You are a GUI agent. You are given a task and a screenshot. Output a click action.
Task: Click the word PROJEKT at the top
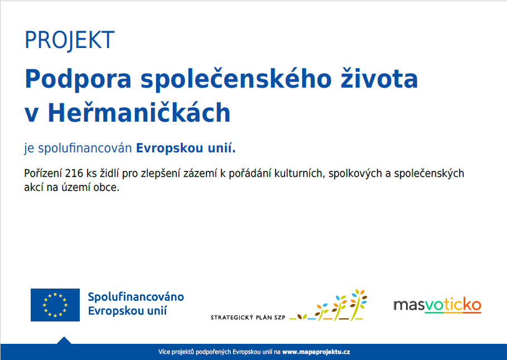(x=70, y=40)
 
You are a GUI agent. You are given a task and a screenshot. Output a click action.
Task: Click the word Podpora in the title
(x=78, y=80)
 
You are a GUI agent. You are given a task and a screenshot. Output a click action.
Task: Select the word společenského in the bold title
(x=236, y=80)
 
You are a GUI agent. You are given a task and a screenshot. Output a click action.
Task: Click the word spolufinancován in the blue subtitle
(x=85, y=148)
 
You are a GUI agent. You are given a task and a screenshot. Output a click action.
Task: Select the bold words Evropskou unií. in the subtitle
(x=186, y=148)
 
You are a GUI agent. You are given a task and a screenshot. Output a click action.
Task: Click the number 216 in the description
(x=74, y=174)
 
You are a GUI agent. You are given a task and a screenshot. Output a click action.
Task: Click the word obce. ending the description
(x=107, y=188)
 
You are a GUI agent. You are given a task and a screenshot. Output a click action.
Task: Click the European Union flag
(x=55, y=305)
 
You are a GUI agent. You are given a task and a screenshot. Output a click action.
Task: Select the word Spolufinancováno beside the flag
(x=136, y=296)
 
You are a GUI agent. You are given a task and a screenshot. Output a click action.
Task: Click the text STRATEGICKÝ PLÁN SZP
(x=248, y=318)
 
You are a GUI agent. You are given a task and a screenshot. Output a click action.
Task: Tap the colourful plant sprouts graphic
(x=328, y=305)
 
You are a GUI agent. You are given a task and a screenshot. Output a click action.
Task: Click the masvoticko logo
(x=437, y=305)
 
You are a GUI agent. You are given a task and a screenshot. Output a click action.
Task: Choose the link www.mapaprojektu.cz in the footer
(x=316, y=352)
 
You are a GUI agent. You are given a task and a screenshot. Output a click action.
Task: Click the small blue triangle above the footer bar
(x=64, y=340)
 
